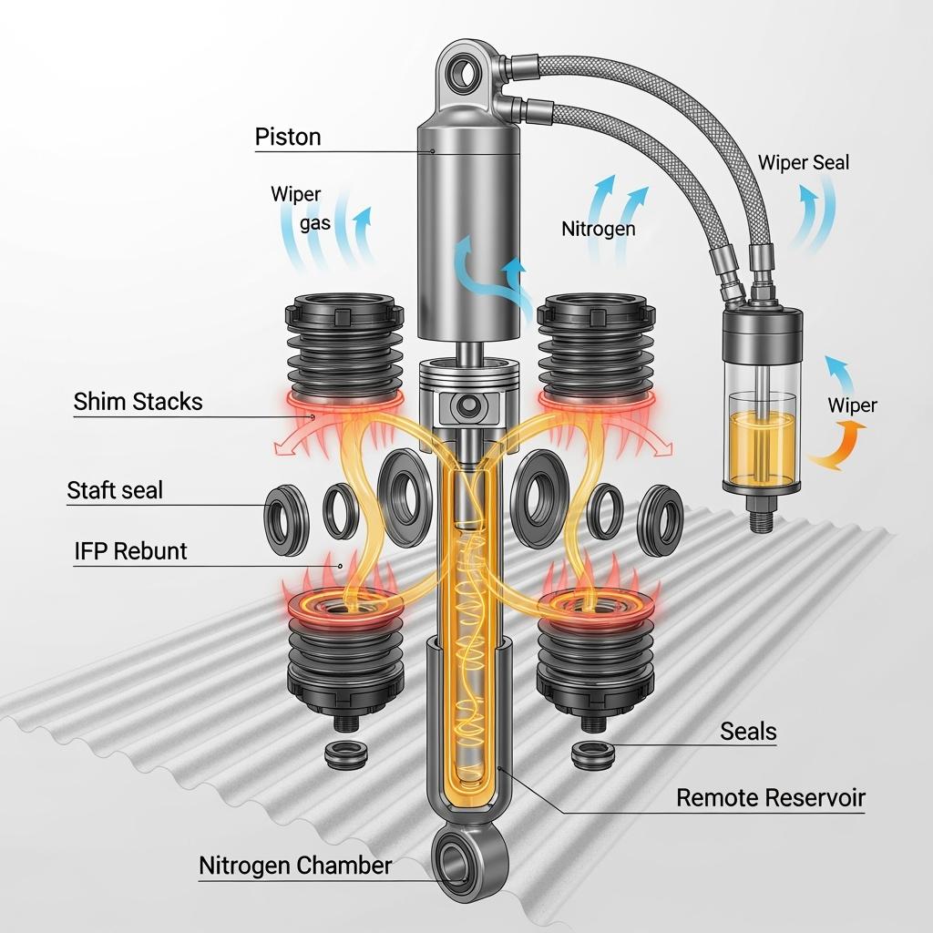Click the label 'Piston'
coord(288,137)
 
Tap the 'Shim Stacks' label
coord(138,402)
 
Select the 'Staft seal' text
coord(115,490)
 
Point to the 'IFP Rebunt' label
coord(131,551)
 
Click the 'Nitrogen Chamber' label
coord(295,866)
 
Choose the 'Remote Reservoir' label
coord(771,797)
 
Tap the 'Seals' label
coord(748,732)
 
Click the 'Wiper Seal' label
coord(804,162)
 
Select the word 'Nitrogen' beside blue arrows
coord(599,229)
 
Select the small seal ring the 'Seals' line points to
coord(592,754)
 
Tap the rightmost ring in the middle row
coord(661,520)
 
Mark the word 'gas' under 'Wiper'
coord(314,223)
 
